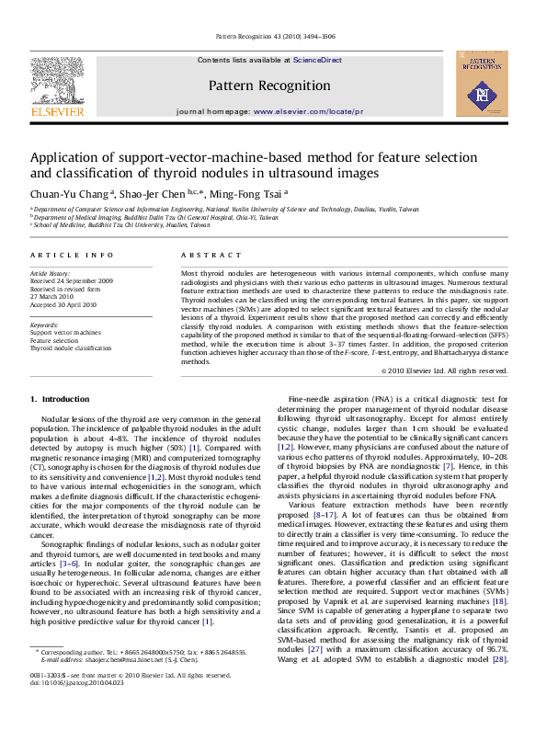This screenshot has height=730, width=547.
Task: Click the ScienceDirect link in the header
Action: [317, 60]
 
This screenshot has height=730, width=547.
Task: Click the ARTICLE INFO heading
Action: [72, 255]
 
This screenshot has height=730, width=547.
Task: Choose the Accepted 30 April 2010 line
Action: [63, 304]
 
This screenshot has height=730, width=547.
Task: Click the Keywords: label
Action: [44, 325]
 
